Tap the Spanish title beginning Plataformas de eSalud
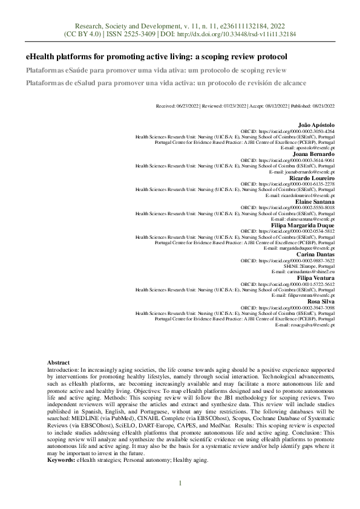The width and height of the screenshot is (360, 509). (166, 82)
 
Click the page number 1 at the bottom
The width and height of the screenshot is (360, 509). (180, 482)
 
